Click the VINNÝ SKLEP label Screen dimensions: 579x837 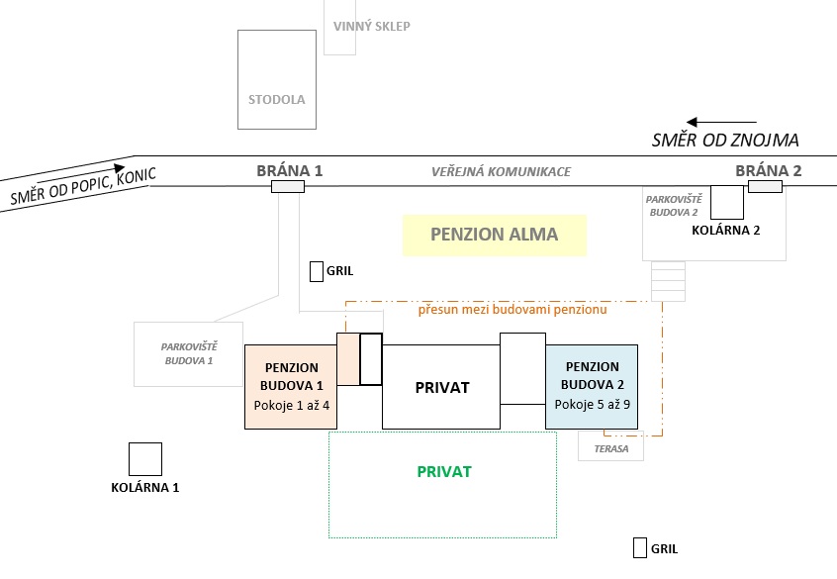click(x=372, y=27)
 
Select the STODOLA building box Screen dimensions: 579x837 click(x=277, y=79)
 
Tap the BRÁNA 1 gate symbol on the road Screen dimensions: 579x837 click(x=288, y=186)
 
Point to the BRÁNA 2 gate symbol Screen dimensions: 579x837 click(x=766, y=186)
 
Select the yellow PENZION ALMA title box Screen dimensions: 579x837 click(x=494, y=236)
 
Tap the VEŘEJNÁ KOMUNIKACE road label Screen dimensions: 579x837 click(x=501, y=172)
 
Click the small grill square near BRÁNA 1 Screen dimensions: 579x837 click(x=317, y=271)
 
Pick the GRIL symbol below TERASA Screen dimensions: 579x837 click(x=640, y=548)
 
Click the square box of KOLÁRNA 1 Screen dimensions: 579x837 click(x=145, y=459)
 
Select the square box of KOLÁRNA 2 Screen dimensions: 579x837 click(x=727, y=202)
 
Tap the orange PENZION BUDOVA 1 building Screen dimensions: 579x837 click(x=291, y=386)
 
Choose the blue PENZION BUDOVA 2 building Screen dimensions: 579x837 click(x=592, y=386)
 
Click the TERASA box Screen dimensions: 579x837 click(x=610, y=447)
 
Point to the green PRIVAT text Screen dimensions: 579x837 click(x=443, y=472)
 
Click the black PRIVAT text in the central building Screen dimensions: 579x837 click(x=441, y=387)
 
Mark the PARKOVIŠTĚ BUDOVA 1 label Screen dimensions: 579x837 click(x=188, y=352)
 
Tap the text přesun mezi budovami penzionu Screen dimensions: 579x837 click(x=512, y=310)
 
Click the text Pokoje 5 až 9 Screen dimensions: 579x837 click(x=593, y=404)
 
